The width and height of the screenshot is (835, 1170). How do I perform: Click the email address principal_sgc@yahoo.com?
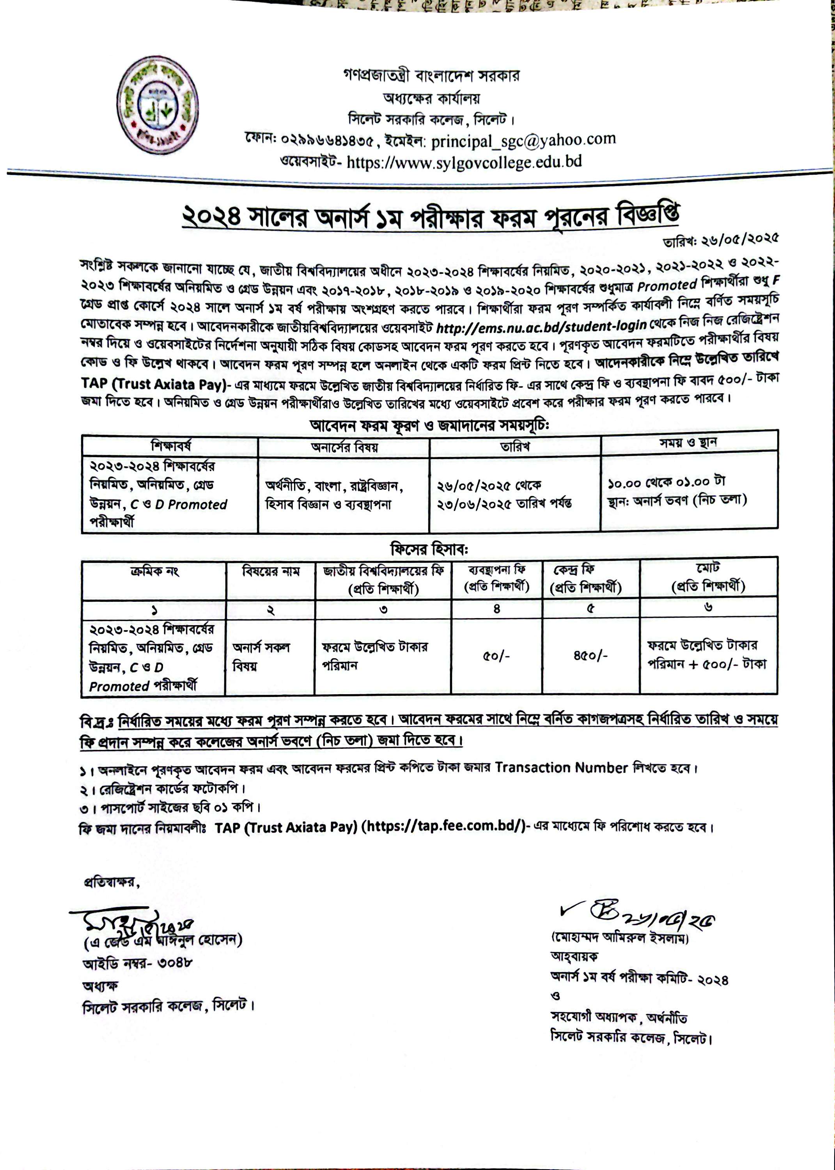click(x=523, y=140)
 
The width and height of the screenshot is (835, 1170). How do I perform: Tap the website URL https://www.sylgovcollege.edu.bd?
click(x=464, y=163)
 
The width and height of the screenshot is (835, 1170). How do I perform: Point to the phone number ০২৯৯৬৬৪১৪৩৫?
click(x=327, y=139)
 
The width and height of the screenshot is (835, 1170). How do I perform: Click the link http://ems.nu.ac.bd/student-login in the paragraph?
click(x=541, y=325)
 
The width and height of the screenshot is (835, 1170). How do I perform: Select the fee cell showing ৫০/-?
click(x=496, y=656)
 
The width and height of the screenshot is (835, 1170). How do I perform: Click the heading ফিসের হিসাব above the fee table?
click(x=429, y=549)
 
